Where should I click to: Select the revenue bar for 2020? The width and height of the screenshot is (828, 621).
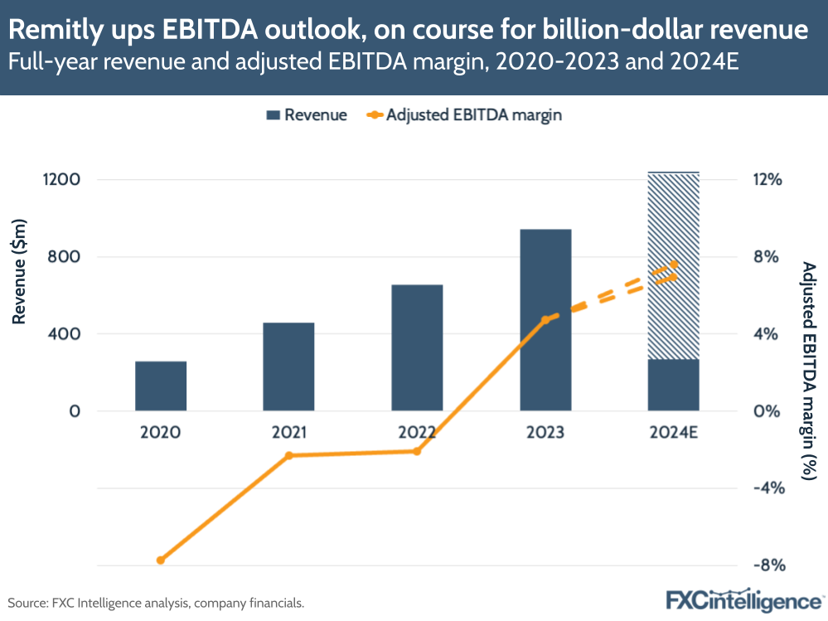(x=161, y=386)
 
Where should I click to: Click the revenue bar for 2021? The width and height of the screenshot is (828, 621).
(x=288, y=366)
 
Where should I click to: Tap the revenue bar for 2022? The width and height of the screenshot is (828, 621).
(x=417, y=348)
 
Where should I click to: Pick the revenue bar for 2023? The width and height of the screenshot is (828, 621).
(x=545, y=320)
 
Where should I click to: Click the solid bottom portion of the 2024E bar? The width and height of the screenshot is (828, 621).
(x=673, y=385)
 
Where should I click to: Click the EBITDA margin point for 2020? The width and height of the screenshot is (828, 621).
(x=161, y=560)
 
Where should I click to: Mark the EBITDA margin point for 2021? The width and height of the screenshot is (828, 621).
(x=288, y=455)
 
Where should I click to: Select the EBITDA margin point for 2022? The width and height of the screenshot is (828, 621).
(x=417, y=451)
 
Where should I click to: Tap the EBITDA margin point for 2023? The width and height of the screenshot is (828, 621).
(x=545, y=319)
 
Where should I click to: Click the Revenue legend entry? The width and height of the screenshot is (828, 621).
(x=307, y=115)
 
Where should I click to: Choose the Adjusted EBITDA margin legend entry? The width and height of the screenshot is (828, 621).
(x=464, y=115)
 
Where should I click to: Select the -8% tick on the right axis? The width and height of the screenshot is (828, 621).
(x=767, y=565)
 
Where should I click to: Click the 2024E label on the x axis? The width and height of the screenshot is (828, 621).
(x=673, y=432)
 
